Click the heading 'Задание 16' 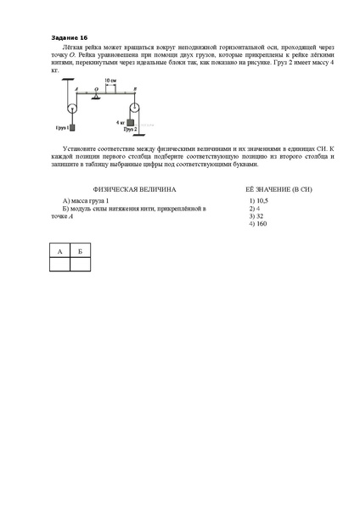[70, 38]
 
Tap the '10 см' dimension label [110, 79]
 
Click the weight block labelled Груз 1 [73, 128]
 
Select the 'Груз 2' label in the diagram [130, 130]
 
